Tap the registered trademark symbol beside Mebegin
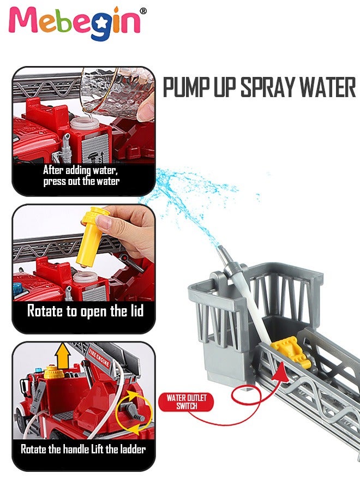click(143, 11)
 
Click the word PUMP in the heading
click(186, 87)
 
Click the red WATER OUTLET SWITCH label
click(186, 402)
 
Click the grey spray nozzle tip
click(221, 250)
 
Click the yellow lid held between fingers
click(91, 236)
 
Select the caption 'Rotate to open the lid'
click(85, 311)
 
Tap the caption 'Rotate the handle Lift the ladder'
click(83, 450)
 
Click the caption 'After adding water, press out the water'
click(81, 176)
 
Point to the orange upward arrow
click(63, 355)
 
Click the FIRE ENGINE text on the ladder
click(99, 357)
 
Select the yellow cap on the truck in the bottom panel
click(54, 373)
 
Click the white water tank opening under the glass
click(84, 123)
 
